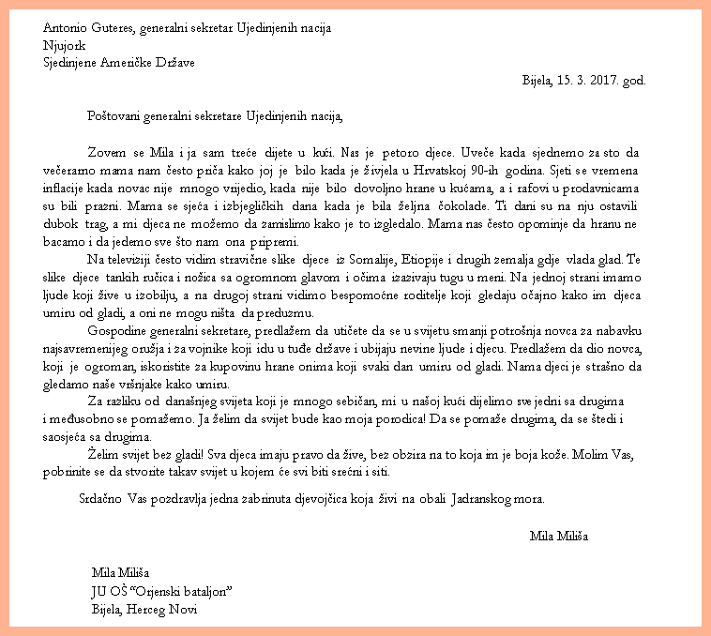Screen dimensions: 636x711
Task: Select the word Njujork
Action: (63, 44)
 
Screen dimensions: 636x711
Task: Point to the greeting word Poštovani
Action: (113, 117)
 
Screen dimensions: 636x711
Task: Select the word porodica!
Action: (394, 419)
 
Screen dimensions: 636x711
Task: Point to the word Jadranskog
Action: (497, 498)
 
